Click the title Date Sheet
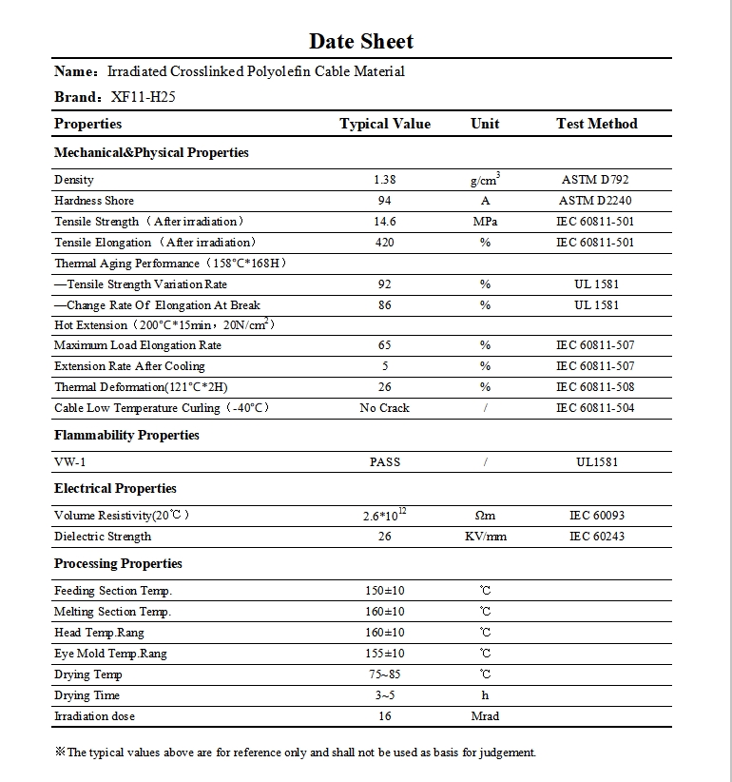tap(361, 41)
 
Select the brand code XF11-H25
tap(144, 96)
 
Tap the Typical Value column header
tap(385, 124)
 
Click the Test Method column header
tap(596, 124)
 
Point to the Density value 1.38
tap(385, 180)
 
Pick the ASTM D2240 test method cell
tap(596, 201)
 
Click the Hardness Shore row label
tap(94, 201)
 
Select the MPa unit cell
tap(485, 222)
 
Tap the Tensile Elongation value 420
tap(385, 243)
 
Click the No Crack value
tap(385, 408)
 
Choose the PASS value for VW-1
tap(385, 462)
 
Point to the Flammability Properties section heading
tap(126, 435)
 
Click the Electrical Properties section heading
tap(115, 488)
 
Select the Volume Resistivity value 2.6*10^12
tap(385, 515)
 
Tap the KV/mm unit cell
tap(485, 537)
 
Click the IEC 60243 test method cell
tap(596, 537)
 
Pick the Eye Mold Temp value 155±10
tap(385, 654)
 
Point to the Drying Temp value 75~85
tap(385, 674)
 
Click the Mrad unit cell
tap(485, 716)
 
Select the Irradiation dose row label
tap(94, 716)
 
